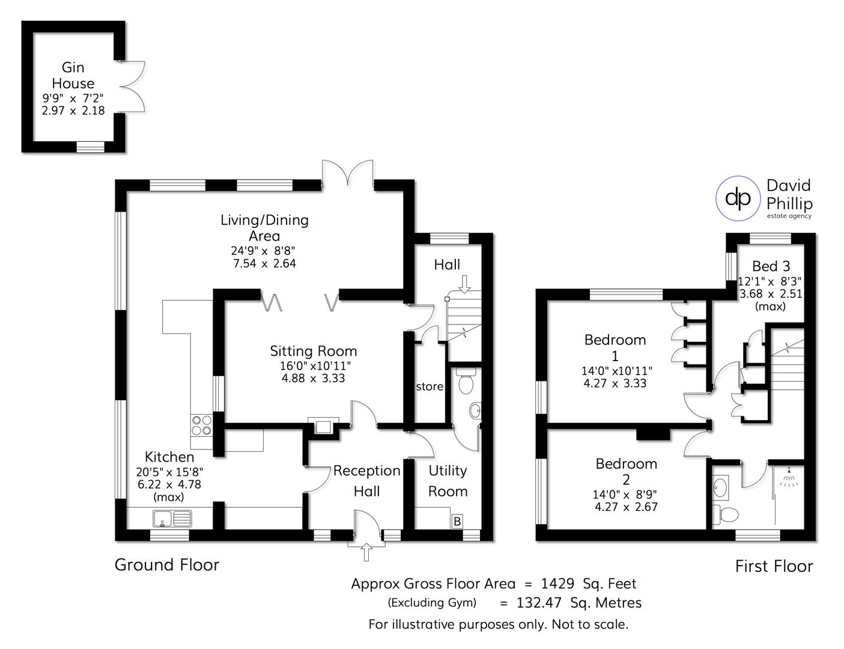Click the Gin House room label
(x=73, y=76)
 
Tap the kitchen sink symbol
(x=172, y=518)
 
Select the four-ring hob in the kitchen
(x=201, y=425)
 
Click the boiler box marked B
(x=457, y=521)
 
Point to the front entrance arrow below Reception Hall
(x=366, y=550)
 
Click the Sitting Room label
(x=313, y=351)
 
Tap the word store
(x=430, y=386)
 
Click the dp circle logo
(x=737, y=198)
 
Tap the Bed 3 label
(x=771, y=266)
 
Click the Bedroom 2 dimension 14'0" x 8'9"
(x=625, y=495)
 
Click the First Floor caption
(x=774, y=566)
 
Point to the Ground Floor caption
(x=167, y=565)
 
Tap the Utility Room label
(x=448, y=481)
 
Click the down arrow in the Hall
(x=464, y=283)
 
